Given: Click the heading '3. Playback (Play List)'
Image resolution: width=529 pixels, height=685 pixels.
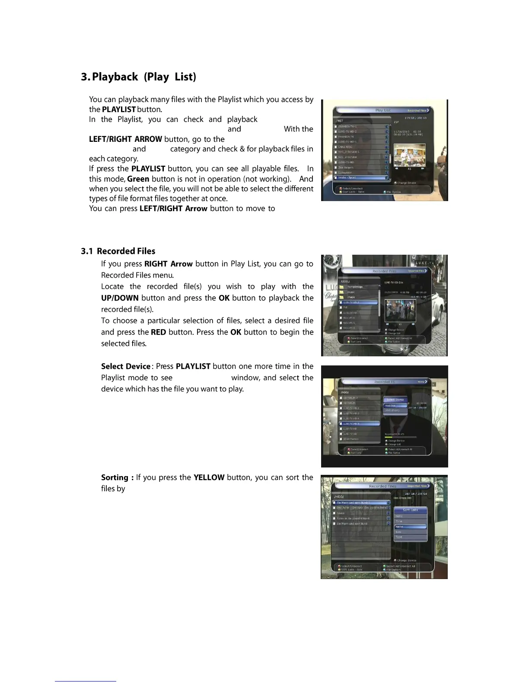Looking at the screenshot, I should pyautogui.click(x=138, y=77).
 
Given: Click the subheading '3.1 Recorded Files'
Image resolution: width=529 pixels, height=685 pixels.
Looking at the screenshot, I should pyautogui.click(x=118, y=251).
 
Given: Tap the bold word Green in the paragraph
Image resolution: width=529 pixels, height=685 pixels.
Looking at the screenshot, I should pyautogui.click(x=138, y=179).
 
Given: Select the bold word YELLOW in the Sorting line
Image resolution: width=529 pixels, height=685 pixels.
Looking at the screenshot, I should pyautogui.click(x=209, y=477).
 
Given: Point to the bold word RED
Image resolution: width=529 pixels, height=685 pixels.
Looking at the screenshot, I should pyautogui.click(x=159, y=332).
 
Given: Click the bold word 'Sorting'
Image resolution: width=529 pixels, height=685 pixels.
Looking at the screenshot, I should pyautogui.click(x=115, y=477).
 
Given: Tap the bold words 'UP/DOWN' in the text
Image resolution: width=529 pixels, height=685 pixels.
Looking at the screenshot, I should pyautogui.click(x=120, y=298).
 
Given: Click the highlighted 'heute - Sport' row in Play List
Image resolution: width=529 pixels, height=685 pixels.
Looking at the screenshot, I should pyautogui.click(x=361, y=178).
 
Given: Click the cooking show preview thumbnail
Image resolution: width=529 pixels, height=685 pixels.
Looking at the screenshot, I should pyautogui.click(x=409, y=155).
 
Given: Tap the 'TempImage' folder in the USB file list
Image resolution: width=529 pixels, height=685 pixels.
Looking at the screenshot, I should pyautogui.click(x=355, y=287).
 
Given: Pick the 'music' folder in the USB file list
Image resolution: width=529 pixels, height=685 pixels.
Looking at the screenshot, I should pyautogui.click(x=351, y=292).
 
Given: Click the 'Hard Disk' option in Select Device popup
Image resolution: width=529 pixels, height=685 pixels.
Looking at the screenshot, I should pyautogui.click(x=391, y=406).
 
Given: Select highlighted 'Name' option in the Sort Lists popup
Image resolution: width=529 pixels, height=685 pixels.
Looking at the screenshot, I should pyautogui.click(x=410, y=527).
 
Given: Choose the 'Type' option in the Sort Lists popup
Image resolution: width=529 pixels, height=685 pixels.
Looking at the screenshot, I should pyautogui.click(x=399, y=537).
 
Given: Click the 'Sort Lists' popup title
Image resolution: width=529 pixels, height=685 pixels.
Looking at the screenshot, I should pyautogui.click(x=410, y=510).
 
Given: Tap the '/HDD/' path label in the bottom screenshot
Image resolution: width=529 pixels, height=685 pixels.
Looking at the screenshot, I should pyautogui.click(x=339, y=497).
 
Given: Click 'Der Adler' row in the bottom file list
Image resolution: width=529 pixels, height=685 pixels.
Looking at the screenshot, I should pyautogui.click(x=361, y=508).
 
